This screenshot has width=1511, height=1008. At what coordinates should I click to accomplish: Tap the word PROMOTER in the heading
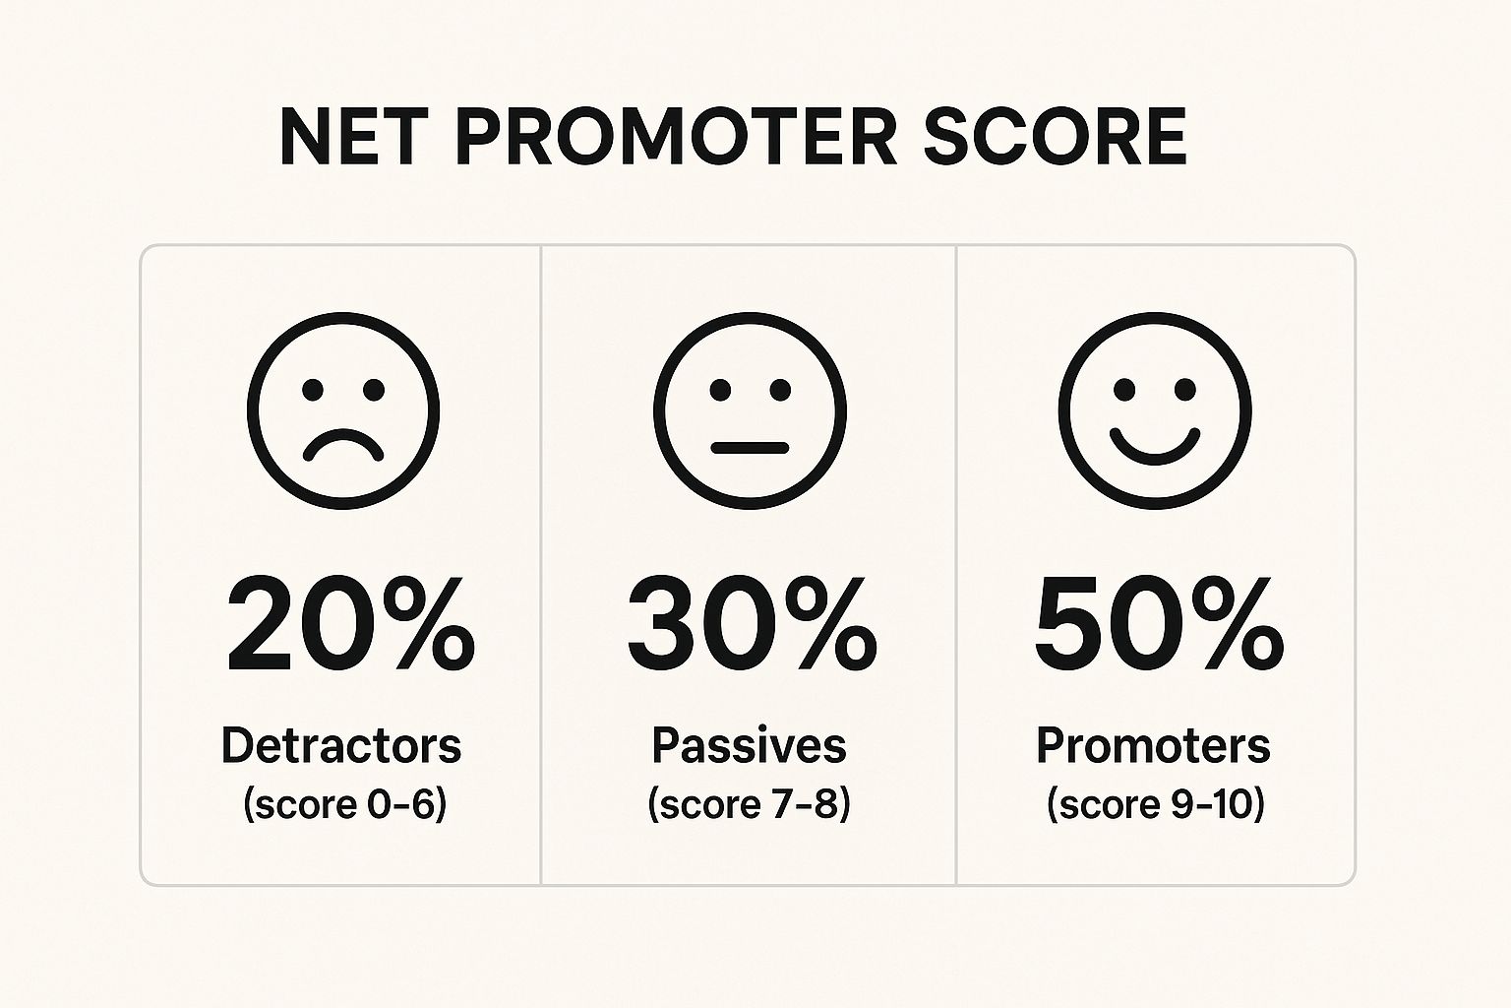coord(677,137)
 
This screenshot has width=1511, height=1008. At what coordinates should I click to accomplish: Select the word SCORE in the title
coord(1056,137)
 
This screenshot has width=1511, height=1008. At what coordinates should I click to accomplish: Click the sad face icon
coord(343,409)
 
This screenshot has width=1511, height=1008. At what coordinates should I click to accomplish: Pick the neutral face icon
coord(750,409)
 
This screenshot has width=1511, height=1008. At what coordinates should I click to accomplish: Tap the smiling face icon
coord(1155,409)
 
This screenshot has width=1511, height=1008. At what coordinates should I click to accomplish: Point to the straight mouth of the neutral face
coord(750,448)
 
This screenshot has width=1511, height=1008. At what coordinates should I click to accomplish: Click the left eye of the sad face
coord(313,390)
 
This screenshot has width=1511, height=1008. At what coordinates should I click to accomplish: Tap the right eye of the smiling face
coord(1185,390)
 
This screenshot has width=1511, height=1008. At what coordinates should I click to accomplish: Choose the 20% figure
coord(351,624)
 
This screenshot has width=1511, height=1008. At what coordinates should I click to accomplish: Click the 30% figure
coord(753,624)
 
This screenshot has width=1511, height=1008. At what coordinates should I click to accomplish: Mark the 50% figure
coord(1159,624)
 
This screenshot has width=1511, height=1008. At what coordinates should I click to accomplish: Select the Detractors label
coord(341,746)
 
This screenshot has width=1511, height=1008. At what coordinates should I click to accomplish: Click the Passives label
coord(750,747)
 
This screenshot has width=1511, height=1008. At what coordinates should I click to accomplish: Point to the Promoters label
coord(1154,747)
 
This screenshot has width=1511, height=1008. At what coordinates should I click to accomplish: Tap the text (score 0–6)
coord(344,805)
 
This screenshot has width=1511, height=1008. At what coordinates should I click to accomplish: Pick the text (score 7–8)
coord(750,805)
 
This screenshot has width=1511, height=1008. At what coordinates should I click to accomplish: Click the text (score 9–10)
coord(1156,805)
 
